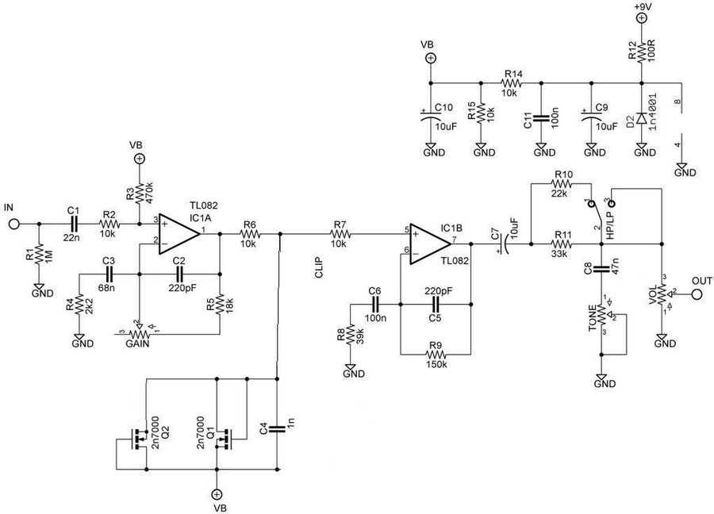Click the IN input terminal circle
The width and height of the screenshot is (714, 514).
point(13,224)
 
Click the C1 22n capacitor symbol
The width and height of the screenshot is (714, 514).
point(74,224)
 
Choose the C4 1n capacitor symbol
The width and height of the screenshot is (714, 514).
point(276,430)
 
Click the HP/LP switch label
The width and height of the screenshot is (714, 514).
point(609,227)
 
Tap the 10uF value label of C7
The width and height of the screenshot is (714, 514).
point(514,230)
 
